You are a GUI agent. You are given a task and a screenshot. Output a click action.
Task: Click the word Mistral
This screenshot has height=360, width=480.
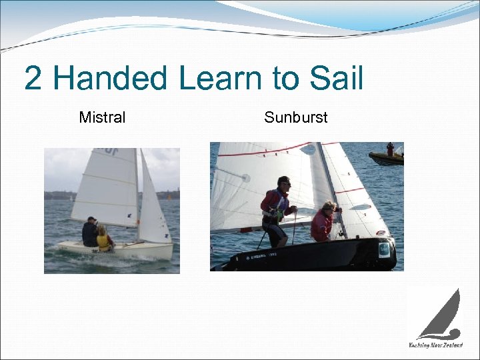[102, 118]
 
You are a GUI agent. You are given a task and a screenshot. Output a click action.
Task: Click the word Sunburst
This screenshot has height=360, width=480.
[295, 118]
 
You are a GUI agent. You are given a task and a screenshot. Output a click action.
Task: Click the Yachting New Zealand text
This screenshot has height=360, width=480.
[435, 345]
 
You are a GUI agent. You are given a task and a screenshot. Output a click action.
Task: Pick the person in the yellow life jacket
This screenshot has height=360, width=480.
[103, 238]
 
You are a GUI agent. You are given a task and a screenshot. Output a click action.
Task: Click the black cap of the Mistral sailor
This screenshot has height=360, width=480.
[92, 219]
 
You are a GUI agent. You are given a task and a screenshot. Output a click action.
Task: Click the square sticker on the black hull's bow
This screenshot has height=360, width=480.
[383, 250]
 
